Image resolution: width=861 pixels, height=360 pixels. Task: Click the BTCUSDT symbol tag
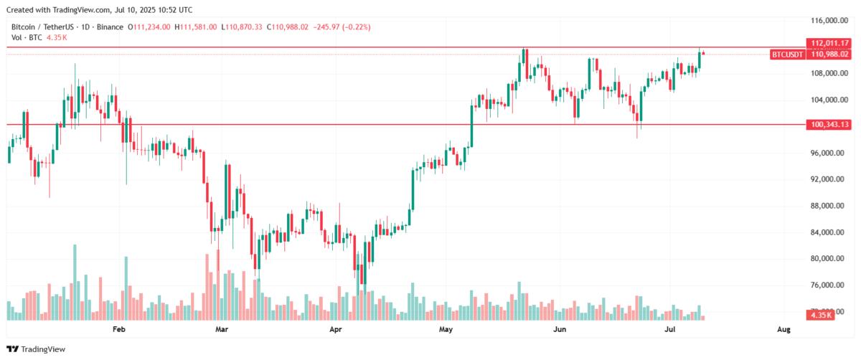click(x=788, y=54)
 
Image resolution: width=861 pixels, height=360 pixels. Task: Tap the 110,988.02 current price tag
click(x=829, y=54)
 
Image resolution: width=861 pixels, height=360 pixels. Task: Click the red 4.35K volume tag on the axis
click(x=820, y=315)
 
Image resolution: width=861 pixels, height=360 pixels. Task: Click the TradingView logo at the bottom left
click(x=38, y=349)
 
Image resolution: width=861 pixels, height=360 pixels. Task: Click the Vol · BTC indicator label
click(x=26, y=37)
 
